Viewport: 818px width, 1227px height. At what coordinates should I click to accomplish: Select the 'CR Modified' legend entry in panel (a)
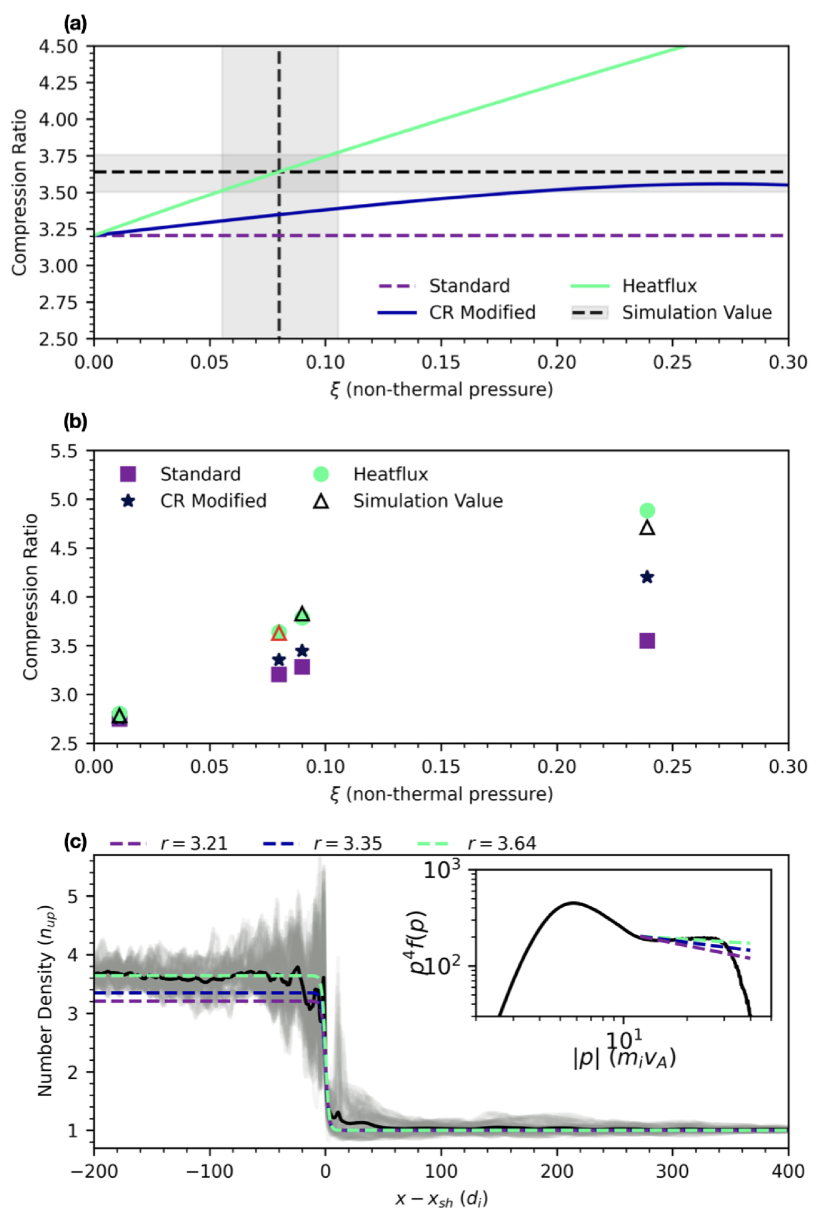482,312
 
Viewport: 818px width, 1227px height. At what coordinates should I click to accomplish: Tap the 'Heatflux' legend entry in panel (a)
659,286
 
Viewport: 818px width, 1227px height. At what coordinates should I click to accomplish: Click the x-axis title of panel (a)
441,390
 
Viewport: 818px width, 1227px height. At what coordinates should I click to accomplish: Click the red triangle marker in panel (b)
279,633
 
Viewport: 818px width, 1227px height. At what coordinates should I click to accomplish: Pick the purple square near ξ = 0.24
647,640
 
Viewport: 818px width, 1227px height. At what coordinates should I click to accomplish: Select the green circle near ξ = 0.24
647,510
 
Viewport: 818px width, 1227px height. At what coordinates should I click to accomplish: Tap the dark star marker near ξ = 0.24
647,577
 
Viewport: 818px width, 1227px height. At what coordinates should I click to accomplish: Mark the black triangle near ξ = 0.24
647,528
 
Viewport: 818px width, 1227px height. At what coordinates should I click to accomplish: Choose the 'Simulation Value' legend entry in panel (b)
428,501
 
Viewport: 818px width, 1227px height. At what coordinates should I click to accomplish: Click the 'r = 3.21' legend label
194,843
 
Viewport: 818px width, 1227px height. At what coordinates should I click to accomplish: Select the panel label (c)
75,842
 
